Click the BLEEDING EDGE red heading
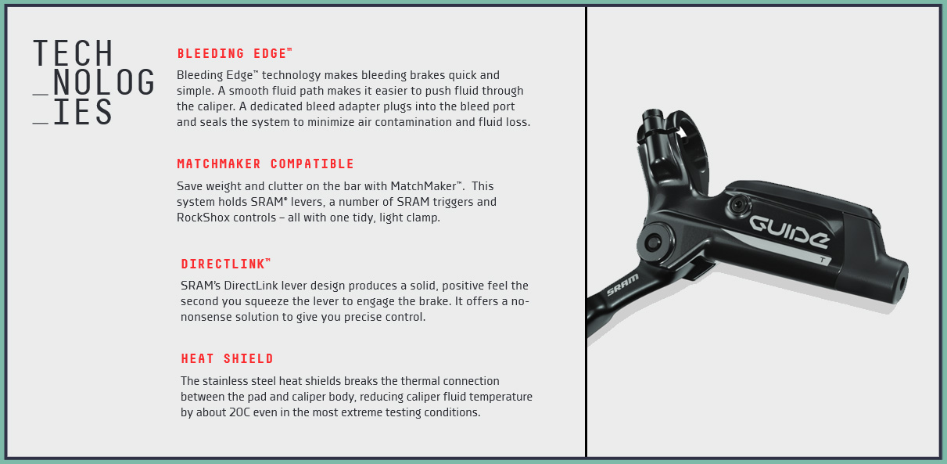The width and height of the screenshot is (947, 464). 234,54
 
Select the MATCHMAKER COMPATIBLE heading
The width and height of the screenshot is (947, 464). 265,164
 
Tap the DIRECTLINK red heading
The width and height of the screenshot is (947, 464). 225,264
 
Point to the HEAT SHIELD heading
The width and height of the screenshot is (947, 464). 227,359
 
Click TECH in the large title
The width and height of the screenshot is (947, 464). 74,53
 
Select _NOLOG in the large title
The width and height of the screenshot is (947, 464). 94,83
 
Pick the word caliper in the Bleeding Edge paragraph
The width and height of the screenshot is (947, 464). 198,106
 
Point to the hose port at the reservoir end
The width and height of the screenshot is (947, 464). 902,277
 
